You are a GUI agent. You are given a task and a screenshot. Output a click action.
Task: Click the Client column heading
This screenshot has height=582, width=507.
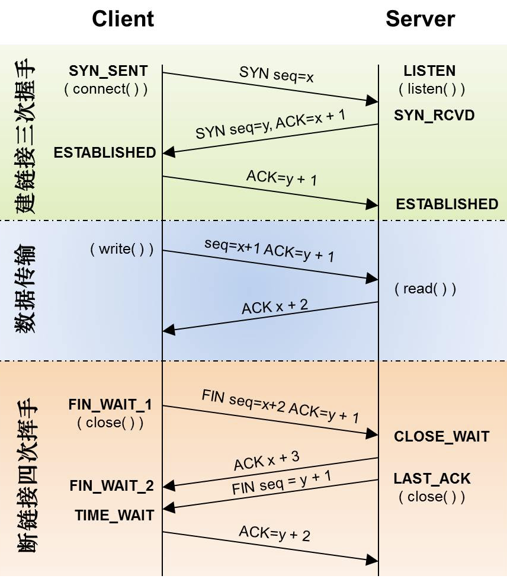123,19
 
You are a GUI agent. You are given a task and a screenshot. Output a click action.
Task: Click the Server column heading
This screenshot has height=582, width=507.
420,19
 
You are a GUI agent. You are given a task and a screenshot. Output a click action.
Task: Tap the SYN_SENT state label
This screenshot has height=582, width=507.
108,71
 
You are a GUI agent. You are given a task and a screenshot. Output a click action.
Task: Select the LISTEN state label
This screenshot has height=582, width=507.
429,71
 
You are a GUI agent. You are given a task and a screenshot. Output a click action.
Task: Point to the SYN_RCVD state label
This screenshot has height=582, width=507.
434,115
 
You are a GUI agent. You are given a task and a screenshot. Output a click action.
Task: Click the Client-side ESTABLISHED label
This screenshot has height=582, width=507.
105,152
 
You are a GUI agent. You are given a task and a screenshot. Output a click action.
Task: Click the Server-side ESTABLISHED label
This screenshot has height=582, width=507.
447,204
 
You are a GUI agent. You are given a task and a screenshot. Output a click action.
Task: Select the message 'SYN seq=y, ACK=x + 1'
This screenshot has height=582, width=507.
271,123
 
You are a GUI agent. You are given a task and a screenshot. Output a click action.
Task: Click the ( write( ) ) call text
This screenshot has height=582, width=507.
121,249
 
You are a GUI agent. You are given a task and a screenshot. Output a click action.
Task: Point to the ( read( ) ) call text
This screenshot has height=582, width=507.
425,289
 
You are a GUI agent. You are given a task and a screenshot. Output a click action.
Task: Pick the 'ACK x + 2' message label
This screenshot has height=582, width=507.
275,307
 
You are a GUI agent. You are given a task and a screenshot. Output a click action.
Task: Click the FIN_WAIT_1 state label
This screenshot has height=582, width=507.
110,405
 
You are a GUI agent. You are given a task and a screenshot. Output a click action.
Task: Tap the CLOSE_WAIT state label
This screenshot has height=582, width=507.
441,437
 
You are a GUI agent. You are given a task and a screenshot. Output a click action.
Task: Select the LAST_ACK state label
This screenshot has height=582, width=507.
432,478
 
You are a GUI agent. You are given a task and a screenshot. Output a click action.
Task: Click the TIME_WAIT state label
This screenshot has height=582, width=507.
114,515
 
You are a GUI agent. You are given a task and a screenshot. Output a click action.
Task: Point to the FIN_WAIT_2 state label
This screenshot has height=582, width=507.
111,486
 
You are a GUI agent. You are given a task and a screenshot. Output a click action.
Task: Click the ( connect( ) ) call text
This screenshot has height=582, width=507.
106,89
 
